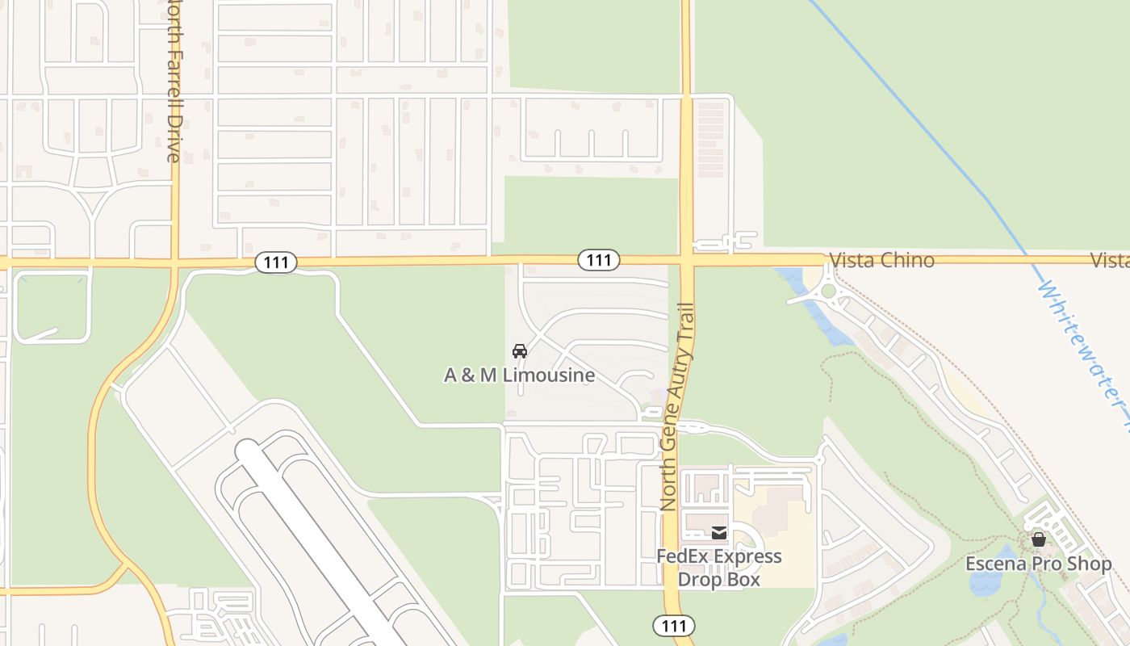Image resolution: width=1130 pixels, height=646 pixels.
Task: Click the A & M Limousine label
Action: coord(519,375)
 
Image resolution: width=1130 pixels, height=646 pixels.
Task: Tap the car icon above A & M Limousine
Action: coord(520,351)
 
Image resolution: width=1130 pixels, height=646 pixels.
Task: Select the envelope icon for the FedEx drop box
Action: coord(718,533)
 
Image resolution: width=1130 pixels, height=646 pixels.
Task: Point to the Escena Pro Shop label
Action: coord(1039,564)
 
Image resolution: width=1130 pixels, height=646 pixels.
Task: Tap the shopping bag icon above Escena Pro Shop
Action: coord(1039,539)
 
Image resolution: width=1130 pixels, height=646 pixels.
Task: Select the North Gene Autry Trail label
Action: coord(677,406)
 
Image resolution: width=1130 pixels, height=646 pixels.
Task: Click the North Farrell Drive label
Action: coord(173,81)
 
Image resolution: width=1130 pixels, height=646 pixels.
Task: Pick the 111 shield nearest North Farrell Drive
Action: coord(276,262)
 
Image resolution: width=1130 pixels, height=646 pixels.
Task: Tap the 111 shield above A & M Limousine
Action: coord(599,260)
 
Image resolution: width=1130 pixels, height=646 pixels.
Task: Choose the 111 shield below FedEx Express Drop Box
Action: coord(673,626)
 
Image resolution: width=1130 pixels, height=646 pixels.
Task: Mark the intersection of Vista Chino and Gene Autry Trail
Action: coord(686,260)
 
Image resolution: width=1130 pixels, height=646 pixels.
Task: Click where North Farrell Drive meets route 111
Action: coord(174,262)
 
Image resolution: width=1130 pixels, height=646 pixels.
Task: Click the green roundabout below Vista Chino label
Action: coord(828,291)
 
